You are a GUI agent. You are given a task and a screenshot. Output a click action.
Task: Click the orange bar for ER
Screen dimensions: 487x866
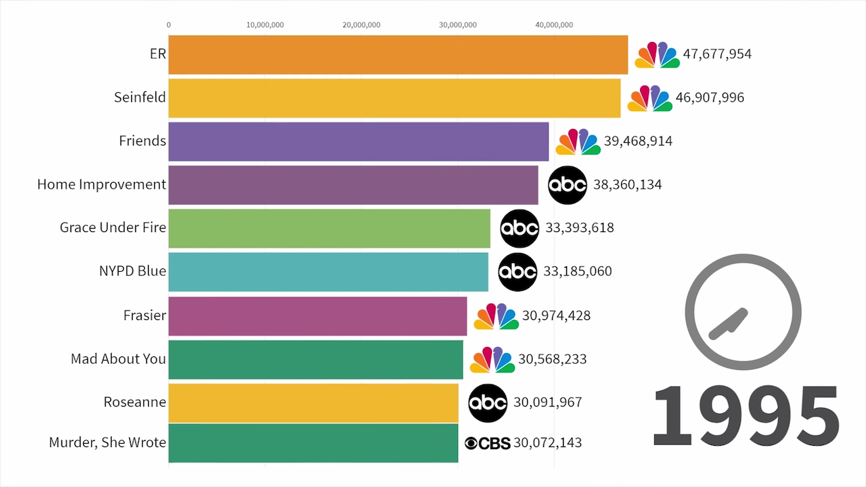[x=398, y=55]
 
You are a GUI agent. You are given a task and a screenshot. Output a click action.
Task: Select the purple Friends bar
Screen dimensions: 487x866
[x=359, y=141]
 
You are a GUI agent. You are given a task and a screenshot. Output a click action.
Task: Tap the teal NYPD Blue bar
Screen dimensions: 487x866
[x=328, y=272]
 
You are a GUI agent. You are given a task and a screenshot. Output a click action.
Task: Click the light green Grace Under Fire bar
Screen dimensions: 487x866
[x=329, y=228]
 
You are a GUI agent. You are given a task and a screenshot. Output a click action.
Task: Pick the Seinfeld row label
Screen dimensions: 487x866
[x=140, y=97]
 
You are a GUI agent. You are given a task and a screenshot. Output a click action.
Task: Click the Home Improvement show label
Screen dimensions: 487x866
[x=101, y=185]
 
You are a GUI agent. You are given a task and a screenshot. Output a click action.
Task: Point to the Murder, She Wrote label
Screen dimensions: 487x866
[x=108, y=443]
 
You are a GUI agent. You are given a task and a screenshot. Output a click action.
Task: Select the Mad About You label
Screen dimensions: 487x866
[x=118, y=359]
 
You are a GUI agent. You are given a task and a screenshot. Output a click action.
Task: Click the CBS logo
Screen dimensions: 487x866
[x=487, y=443]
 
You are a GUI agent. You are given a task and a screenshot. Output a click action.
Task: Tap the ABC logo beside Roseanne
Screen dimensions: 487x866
[x=488, y=403]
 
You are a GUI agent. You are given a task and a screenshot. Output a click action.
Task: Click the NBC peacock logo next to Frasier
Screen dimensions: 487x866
[x=496, y=316]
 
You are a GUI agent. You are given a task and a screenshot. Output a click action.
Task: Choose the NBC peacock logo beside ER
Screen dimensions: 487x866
[x=657, y=55]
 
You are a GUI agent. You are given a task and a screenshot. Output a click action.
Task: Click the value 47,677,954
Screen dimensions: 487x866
[x=717, y=55]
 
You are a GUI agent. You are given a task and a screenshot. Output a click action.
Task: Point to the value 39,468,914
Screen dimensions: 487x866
[x=638, y=141]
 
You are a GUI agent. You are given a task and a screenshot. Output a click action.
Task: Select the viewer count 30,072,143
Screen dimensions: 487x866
[x=547, y=443]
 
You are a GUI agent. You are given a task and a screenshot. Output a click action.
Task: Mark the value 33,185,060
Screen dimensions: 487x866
[x=577, y=272]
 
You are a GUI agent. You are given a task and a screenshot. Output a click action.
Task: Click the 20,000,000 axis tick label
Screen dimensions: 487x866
[x=361, y=25]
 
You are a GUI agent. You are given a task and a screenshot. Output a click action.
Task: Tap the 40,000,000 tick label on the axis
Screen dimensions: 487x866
[x=554, y=25]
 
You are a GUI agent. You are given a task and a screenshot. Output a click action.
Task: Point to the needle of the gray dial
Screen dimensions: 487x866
[x=728, y=323]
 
